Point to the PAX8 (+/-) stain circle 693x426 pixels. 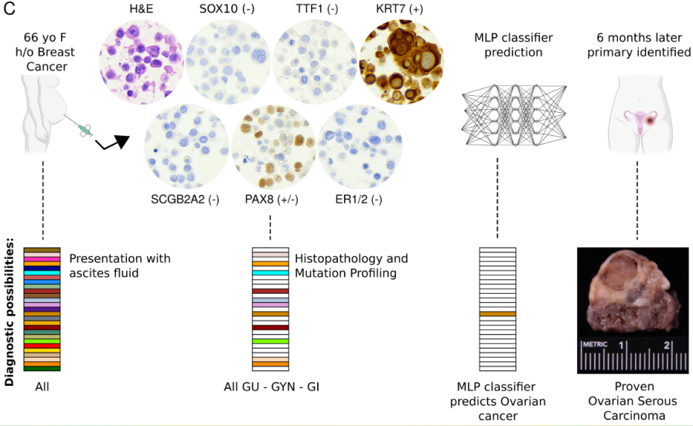pos(271,147)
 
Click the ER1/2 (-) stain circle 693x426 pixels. pos(356,147)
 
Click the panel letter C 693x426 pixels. pos(10,10)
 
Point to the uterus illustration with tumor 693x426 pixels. pos(638,116)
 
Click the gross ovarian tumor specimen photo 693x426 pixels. pos(633,309)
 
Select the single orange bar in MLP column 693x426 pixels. pos(497,314)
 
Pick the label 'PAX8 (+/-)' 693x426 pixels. pos(270,199)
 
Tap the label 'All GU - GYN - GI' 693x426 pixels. pos(271,385)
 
